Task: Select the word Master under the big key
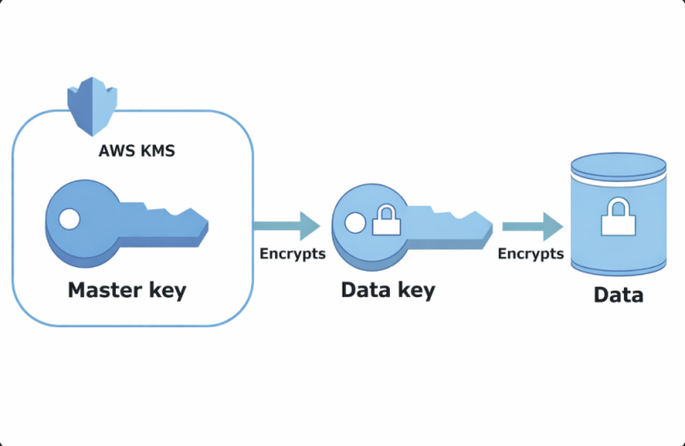coord(102,291)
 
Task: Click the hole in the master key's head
coord(69,219)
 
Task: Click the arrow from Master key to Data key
coord(286,225)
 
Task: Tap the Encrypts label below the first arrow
coord(292,254)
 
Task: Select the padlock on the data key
coord(386,222)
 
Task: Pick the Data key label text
coord(388,291)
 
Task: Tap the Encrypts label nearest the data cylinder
coord(531,254)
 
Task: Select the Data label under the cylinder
coord(618,295)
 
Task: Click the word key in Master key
coord(164,291)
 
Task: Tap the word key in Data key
coord(414,291)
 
